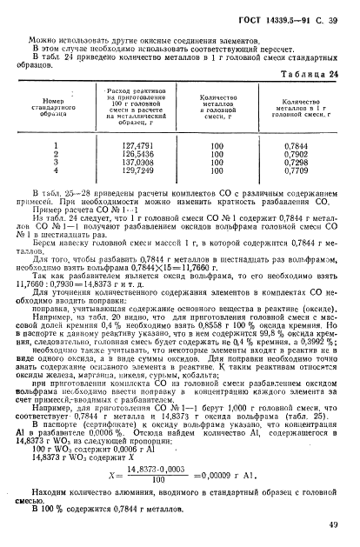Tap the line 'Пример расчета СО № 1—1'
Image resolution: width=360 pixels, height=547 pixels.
pos(72,207)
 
